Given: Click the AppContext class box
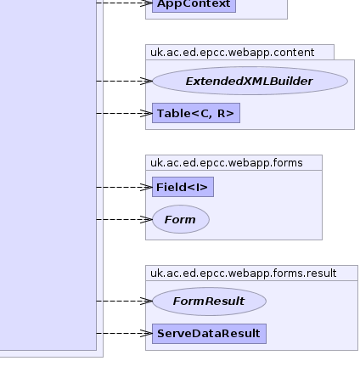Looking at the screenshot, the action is click(194, 6).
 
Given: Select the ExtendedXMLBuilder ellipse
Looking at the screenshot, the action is click(250, 81).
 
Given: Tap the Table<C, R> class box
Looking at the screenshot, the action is click(196, 113).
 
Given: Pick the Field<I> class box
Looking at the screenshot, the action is click(183, 187).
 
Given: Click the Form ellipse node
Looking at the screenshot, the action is click(181, 219).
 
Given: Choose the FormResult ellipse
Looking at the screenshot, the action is click(209, 302).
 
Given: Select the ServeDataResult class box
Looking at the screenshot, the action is click(209, 334).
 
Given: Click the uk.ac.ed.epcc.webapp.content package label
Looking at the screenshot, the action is click(232, 53).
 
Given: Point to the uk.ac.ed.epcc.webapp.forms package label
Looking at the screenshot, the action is click(227, 163).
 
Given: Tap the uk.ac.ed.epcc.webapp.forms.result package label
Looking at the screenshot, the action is click(244, 273).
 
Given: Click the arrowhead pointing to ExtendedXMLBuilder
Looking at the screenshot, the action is click(147, 81).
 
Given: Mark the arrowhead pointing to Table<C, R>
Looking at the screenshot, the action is click(147, 113).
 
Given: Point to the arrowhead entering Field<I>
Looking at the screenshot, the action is click(147, 187).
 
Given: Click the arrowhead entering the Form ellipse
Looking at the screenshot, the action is click(147, 219).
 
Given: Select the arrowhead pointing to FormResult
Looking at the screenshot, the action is click(147, 301).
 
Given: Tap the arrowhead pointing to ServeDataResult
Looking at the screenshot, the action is click(147, 333).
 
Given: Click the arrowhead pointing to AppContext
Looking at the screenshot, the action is click(147, 3).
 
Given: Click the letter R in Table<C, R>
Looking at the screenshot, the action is click(221, 113).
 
